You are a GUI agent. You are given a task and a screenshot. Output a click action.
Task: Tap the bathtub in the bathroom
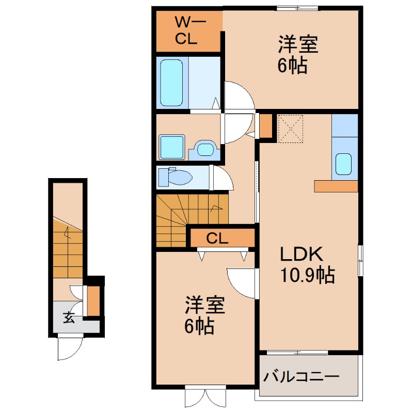click(x=171, y=83)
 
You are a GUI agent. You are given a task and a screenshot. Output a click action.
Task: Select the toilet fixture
click(x=175, y=177)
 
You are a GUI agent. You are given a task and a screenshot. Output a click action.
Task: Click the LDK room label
click(x=301, y=253)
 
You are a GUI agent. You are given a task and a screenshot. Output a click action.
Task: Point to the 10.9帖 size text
click(x=307, y=275)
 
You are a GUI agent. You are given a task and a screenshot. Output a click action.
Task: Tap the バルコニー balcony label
click(x=301, y=377)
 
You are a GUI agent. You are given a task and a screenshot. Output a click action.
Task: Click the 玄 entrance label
click(x=69, y=317)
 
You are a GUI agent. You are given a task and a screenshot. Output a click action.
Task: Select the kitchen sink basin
click(x=343, y=164)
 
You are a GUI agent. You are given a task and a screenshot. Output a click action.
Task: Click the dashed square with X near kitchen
click(x=291, y=129)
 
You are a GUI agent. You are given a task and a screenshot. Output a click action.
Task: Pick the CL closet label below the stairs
click(x=217, y=239)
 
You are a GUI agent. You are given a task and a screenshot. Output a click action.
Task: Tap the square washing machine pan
click(x=172, y=147)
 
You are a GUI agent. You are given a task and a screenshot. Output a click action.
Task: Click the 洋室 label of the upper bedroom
click(x=298, y=44)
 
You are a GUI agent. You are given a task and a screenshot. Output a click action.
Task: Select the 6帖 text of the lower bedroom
click(x=199, y=326)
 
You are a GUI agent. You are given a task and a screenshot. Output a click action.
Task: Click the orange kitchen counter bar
click(x=336, y=186)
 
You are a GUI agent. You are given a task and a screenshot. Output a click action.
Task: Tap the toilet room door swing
click(x=223, y=178)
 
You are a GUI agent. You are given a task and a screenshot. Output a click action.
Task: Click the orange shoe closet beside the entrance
click(x=93, y=300)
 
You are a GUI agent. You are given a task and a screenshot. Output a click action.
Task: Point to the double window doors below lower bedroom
click(x=205, y=396)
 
